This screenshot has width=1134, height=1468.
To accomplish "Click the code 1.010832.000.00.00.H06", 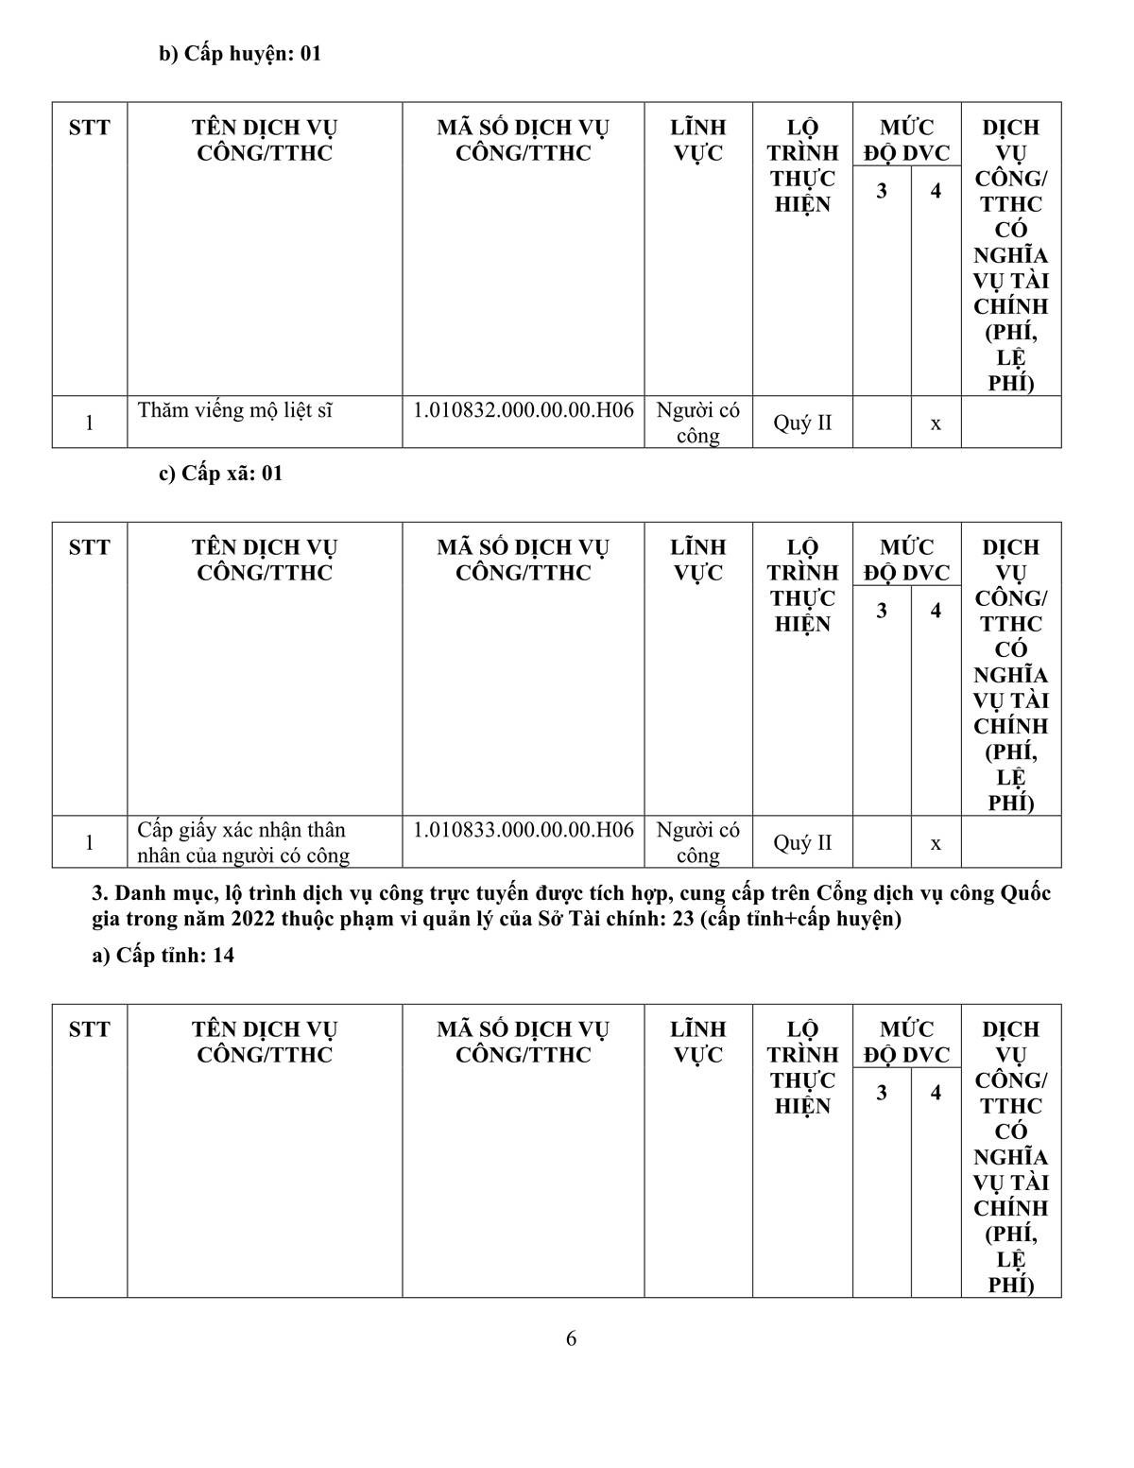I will tap(524, 410).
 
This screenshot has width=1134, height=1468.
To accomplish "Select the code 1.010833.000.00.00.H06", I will tap(524, 830).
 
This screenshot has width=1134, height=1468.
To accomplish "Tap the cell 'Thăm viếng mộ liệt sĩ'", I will tap(235, 410).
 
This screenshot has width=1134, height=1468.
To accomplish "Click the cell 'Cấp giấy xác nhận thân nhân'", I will tap(243, 842).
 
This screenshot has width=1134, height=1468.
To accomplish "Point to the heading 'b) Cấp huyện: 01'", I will tap(240, 54).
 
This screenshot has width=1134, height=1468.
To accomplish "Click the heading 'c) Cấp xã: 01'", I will tap(220, 474).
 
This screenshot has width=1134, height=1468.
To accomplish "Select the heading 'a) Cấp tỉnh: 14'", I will tap(163, 956).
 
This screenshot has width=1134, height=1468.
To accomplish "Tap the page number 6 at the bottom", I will tap(571, 1338).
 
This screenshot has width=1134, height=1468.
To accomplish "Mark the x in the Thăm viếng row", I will tap(936, 423).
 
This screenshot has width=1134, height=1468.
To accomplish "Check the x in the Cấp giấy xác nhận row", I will tap(936, 843).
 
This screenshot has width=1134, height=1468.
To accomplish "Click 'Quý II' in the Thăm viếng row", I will tap(802, 423).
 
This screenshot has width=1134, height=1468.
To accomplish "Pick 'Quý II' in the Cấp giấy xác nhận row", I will tap(802, 842).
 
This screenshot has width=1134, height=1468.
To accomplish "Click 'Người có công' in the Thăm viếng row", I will tap(698, 423).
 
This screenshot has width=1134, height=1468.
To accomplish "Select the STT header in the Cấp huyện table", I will tap(90, 128).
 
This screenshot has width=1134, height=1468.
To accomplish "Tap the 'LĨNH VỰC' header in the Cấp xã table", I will tap(698, 560).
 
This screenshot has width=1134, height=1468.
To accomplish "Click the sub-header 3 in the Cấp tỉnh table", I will tap(882, 1093).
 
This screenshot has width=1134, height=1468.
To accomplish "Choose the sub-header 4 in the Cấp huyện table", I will tap(936, 191).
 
